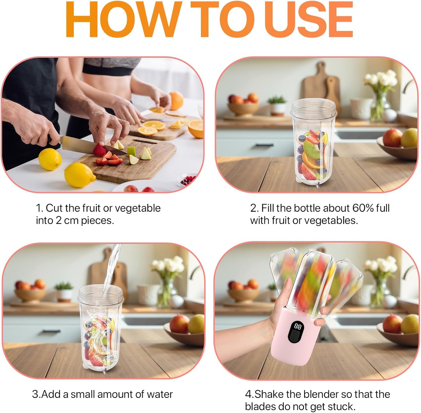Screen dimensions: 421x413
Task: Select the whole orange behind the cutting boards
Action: [176, 100]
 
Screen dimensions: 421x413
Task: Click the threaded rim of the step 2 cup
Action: [313, 109]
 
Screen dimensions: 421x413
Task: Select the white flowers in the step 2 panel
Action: [381, 79]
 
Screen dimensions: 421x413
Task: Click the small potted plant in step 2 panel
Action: [277, 105]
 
